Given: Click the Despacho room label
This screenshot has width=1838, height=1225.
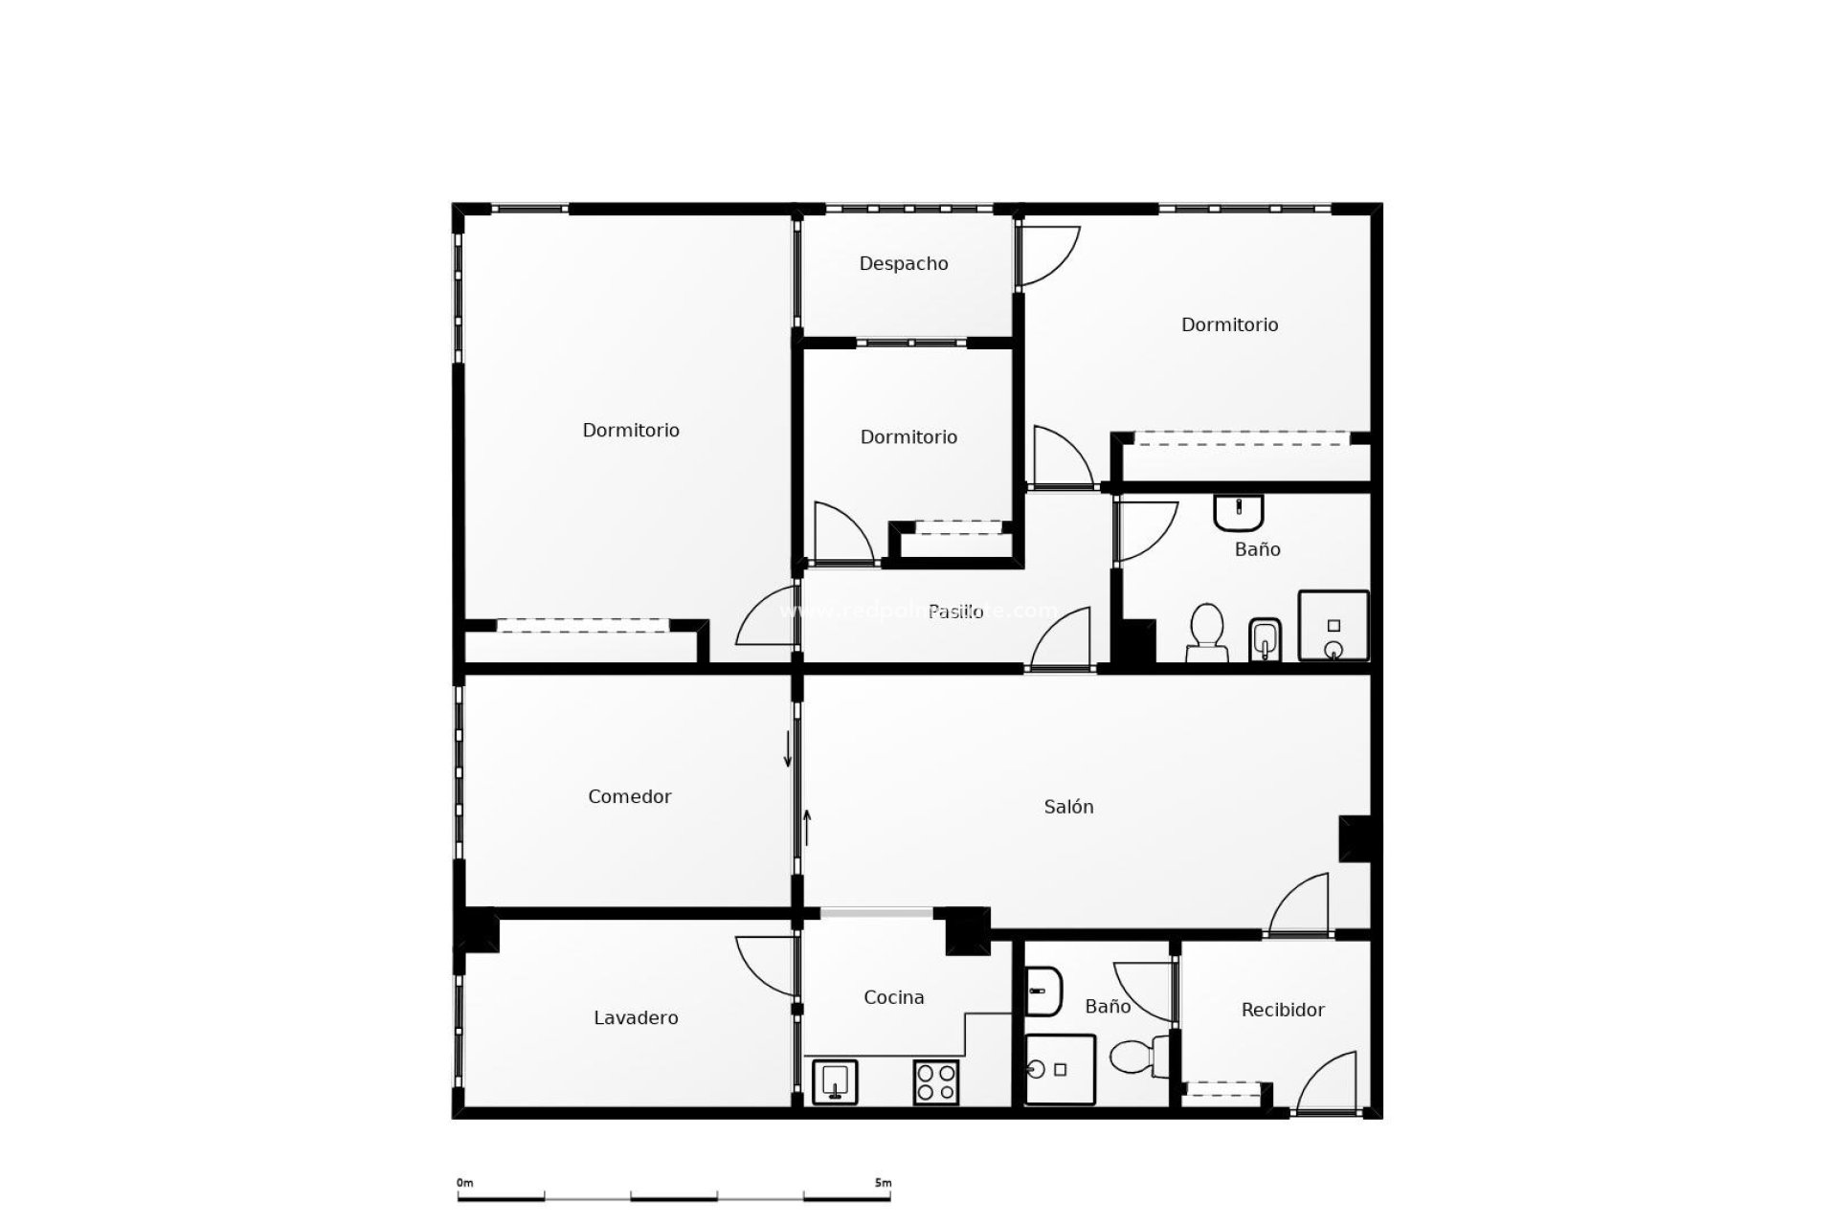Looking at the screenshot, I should click(x=904, y=263).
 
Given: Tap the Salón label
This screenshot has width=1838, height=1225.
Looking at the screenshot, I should click(x=1068, y=807).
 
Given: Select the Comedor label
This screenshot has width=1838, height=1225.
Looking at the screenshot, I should click(x=629, y=796).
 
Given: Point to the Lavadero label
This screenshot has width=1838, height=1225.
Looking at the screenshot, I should click(x=636, y=1017).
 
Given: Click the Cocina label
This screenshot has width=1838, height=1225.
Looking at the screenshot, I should click(x=893, y=997).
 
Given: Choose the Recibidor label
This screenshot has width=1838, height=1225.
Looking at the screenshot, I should click(x=1282, y=1010).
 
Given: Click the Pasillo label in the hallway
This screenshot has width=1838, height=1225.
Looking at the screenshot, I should click(x=955, y=612).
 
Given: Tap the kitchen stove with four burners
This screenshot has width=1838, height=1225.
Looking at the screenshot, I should click(x=935, y=1082).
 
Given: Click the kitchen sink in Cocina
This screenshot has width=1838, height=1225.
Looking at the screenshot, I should click(x=835, y=1081).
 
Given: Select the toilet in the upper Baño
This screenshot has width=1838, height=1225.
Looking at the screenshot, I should click(x=1206, y=634).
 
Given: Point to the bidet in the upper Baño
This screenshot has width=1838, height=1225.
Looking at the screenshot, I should click(x=1265, y=639).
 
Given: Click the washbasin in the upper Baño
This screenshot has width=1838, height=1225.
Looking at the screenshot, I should click(x=1239, y=511).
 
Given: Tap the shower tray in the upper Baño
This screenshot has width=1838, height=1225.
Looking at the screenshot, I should click(x=1333, y=626).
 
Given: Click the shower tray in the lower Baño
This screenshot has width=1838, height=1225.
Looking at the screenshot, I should click(x=1060, y=1069).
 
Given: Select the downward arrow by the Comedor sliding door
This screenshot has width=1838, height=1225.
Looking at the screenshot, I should click(x=788, y=748).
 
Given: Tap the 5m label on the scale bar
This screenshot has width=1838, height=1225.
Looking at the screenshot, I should click(x=882, y=1183).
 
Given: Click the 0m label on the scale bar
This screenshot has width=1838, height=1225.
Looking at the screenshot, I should click(x=464, y=1183).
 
